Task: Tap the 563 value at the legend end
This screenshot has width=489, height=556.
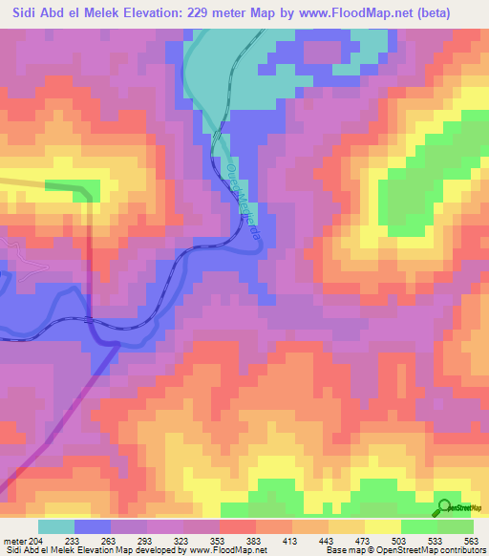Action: pyautogui.click(x=470, y=542)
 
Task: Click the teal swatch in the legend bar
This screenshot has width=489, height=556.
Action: pyautogui.click(x=55, y=527)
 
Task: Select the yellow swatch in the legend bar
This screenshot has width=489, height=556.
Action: pyautogui.click(x=382, y=527)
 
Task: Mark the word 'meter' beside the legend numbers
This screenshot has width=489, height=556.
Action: pyautogui.click(x=15, y=542)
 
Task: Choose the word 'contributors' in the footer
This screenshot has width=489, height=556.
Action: pyautogui.click(x=455, y=551)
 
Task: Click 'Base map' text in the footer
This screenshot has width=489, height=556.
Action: pyautogui.click(x=343, y=551)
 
